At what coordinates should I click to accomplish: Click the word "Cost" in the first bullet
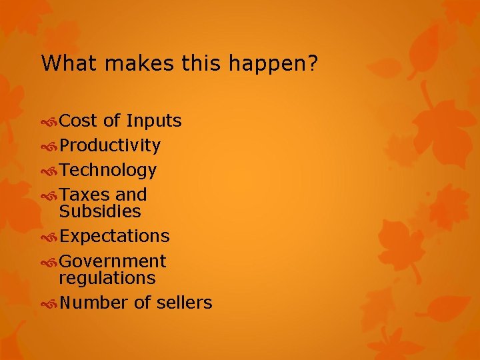79,121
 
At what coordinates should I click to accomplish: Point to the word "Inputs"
153,121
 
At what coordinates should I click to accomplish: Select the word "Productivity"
110,145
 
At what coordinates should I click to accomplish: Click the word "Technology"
108,170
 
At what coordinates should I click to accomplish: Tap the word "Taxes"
85,195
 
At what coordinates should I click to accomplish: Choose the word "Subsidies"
100,211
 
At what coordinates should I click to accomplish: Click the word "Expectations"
115,236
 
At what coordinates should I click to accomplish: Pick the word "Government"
113,261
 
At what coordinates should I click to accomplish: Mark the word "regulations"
107,277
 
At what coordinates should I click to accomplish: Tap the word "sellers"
185,303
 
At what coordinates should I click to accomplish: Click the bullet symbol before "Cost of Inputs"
49,121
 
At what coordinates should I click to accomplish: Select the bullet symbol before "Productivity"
49,146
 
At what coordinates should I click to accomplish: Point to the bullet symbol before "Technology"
49,171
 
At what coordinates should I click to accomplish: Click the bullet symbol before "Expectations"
49,237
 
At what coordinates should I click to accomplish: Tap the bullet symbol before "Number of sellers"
49,303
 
